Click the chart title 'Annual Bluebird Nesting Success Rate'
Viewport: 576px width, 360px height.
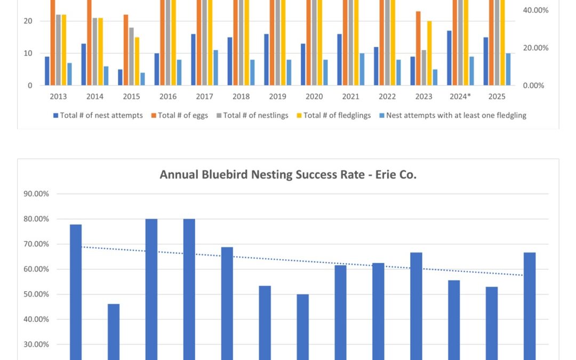click(288, 174)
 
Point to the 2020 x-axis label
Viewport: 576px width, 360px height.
click(314, 97)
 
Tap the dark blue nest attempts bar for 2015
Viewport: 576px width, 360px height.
click(121, 77)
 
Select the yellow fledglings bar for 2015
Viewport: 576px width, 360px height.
click(137, 61)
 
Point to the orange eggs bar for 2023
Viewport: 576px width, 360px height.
click(418, 48)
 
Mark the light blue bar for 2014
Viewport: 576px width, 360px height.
click(106, 76)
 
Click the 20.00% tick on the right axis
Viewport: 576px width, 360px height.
click(535, 48)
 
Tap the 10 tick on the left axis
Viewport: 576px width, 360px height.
click(28, 53)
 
